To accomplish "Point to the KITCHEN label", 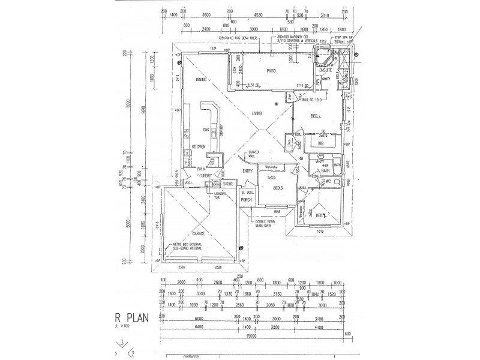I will (199, 147).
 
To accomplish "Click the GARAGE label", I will (198, 233).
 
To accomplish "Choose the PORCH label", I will (245, 200).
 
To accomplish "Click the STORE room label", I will (228, 185).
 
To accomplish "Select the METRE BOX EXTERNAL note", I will (186, 245).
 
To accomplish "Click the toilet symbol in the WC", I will (341, 181).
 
